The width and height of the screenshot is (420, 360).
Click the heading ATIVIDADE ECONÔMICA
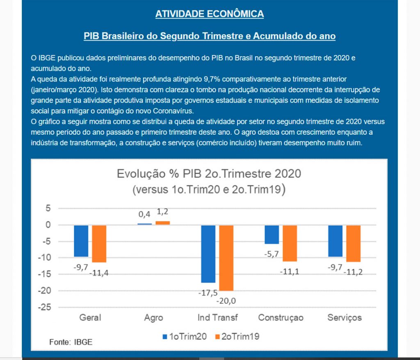210,14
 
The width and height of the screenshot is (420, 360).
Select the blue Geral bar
81,241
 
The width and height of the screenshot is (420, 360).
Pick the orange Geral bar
99,243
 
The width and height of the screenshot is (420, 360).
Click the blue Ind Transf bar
208,254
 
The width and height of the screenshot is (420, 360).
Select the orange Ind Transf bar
226,258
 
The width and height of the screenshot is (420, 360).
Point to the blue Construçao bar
272,234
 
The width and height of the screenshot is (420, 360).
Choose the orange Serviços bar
353,243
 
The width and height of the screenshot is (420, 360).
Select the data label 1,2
163,212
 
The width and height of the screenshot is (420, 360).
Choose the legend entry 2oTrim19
237,337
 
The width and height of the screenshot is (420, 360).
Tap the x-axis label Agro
154,318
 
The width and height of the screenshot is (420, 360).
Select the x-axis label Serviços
344,318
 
